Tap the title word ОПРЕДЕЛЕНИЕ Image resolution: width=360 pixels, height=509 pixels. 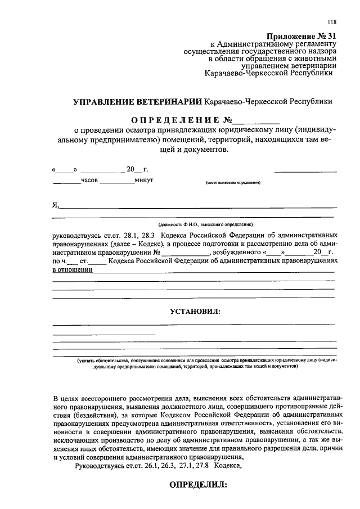[x=175, y=120]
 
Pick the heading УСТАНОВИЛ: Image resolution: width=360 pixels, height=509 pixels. [x=195, y=311]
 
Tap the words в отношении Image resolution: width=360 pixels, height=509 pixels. [x=73, y=269]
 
